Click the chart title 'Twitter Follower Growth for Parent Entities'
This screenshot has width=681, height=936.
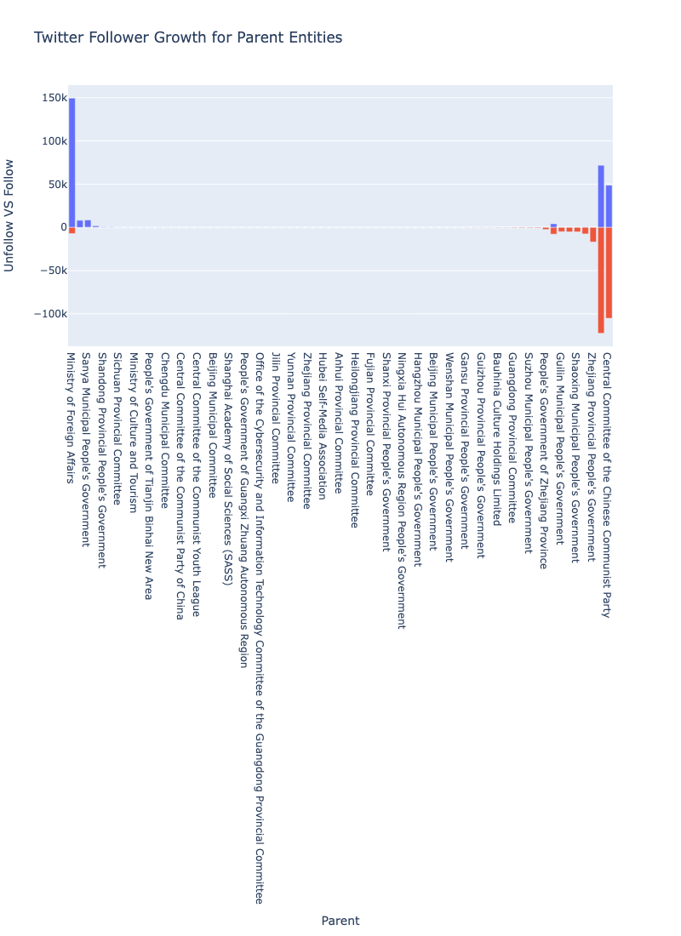(187, 37)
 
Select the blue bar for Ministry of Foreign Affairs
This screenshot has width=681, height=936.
(72, 162)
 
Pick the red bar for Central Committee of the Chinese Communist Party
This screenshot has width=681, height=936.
(609, 272)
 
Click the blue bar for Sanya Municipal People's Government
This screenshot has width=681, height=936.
(88, 224)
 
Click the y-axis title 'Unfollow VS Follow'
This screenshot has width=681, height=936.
(9, 215)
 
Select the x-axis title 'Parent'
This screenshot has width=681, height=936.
(340, 921)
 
